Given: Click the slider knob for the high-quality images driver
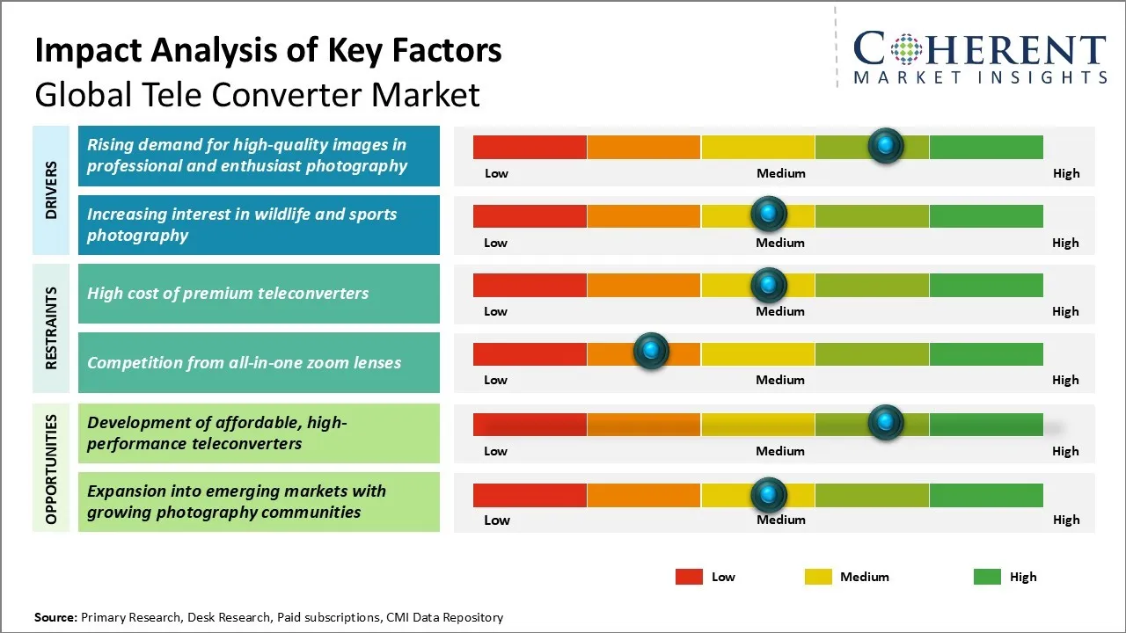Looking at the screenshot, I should click(x=886, y=145).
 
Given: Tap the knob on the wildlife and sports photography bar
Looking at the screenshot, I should click(x=769, y=214).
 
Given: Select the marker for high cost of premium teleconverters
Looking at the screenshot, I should click(x=769, y=284).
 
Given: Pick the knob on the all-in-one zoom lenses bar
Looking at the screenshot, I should click(x=651, y=352).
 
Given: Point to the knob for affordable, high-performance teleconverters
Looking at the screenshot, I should click(x=886, y=422).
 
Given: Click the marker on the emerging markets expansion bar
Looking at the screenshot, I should click(x=769, y=495).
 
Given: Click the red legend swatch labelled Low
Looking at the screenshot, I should click(x=689, y=577).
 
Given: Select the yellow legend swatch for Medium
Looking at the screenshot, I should click(x=818, y=577).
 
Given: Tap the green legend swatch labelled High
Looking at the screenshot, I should click(x=987, y=577).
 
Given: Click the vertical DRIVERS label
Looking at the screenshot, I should click(x=52, y=190).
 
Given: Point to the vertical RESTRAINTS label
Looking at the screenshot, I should click(x=52, y=328).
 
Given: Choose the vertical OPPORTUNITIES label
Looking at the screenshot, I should click(x=52, y=469).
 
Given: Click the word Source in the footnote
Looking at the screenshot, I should click(x=55, y=617).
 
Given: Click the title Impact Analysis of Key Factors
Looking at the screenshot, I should click(x=268, y=51).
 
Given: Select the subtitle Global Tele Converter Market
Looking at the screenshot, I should click(x=257, y=94).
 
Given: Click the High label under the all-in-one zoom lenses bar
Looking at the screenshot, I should click(x=1065, y=380).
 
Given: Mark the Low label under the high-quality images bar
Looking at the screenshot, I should click(x=496, y=173).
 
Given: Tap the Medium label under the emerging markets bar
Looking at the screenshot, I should click(x=781, y=520).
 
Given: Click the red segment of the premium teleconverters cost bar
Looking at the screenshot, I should click(x=530, y=285).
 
